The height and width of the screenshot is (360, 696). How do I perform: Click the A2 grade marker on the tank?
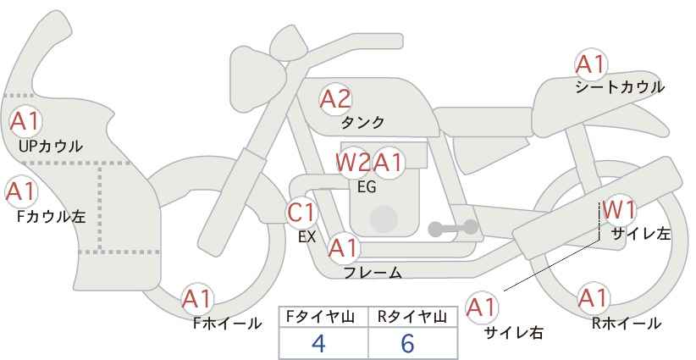coord(335,99)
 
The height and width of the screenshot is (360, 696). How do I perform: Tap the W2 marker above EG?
coord(353,163)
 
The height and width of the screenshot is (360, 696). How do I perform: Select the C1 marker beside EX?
coord(301,213)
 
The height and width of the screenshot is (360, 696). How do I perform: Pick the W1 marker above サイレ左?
coord(619,210)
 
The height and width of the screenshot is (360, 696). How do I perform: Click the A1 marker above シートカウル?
coord(591,65)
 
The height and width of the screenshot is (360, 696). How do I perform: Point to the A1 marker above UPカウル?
coord(25,122)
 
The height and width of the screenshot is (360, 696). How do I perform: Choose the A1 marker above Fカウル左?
coord(21,191)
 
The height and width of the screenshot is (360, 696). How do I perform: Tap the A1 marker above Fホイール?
coord(197,300)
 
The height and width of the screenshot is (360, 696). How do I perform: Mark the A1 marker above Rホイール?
coord(593,298)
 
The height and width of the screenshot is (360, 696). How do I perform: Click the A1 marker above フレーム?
coord(344,248)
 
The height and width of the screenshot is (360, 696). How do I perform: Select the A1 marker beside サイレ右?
coord(482,308)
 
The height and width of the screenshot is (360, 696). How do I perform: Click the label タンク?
coord(362,122)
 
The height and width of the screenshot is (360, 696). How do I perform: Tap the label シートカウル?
coord(620,87)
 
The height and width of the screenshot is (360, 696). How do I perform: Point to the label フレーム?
coord(373,273)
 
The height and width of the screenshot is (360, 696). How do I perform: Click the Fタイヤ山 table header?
coord(320,317)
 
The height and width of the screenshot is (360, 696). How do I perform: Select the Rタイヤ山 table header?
coord(412,317)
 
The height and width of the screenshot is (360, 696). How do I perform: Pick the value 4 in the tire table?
coord(318,343)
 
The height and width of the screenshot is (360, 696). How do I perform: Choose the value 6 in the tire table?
coord(407,343)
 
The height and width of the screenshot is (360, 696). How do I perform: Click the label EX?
coord(307,237)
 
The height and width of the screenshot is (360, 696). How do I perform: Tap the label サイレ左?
coord(640,234)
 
